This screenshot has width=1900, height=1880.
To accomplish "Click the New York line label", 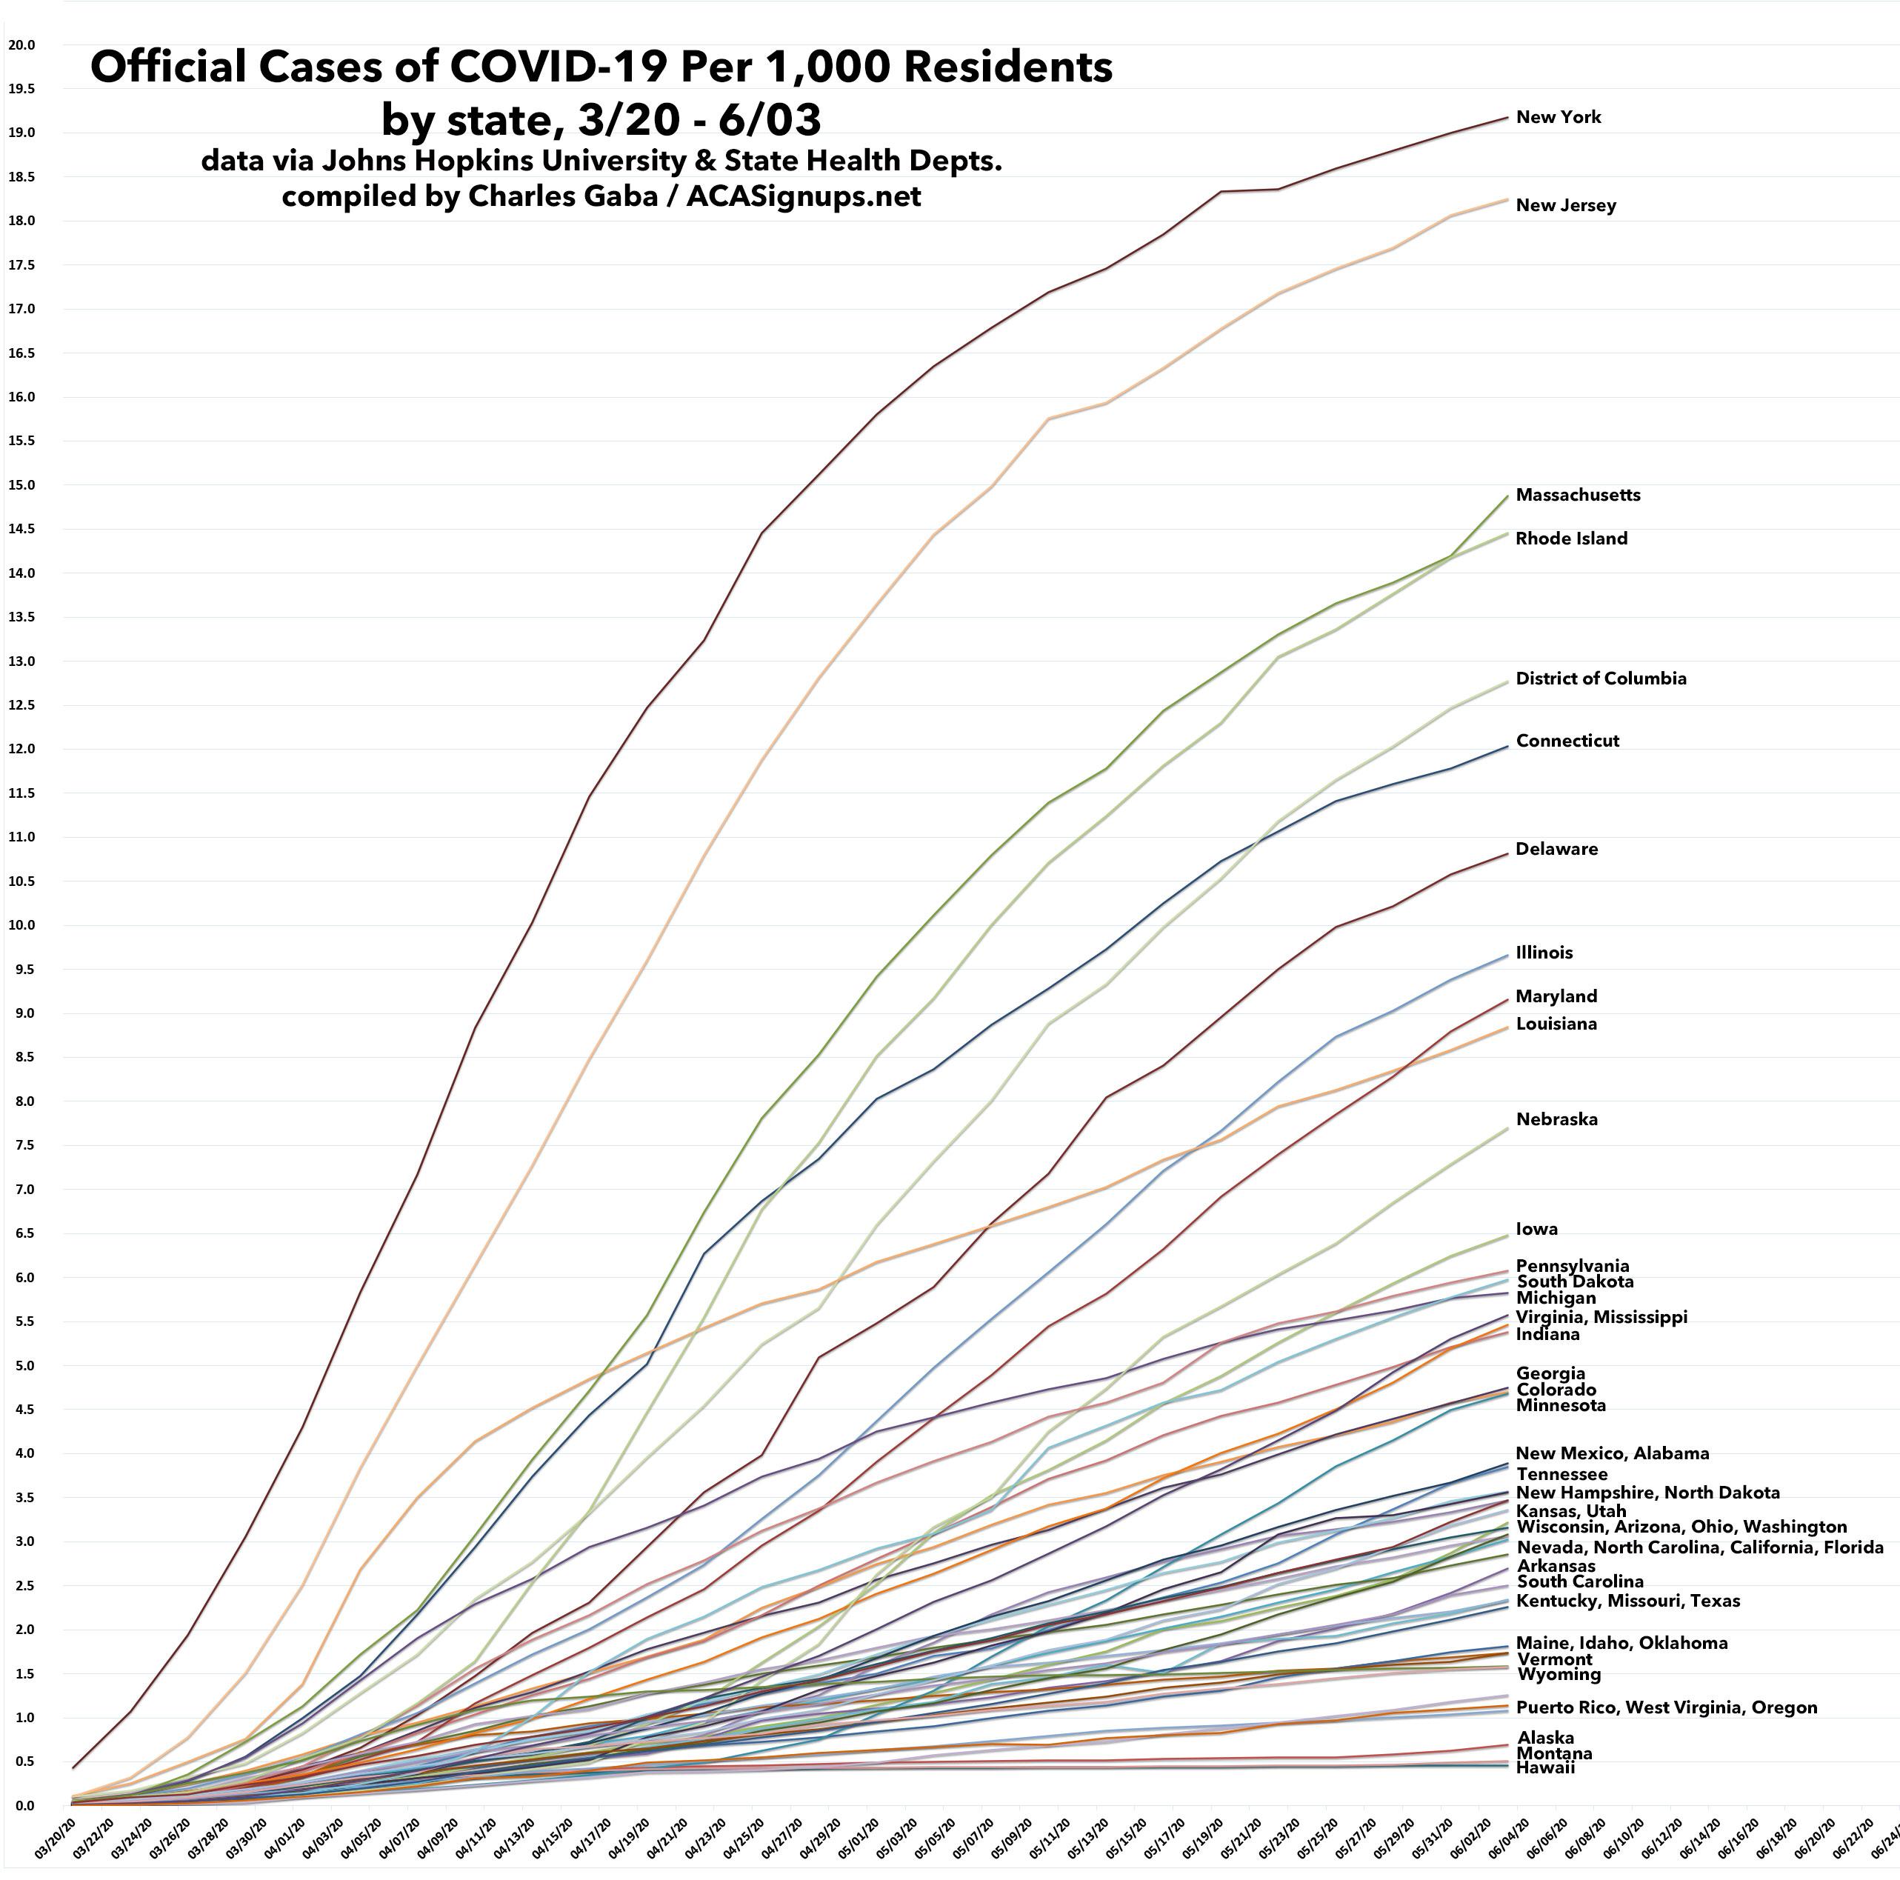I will (x=1558, y=117).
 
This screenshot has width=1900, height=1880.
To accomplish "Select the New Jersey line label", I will (x=1564, y=205).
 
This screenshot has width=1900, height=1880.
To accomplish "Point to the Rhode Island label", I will (x=1570, y=539).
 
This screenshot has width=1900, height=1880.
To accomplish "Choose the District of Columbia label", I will (x=1600, y=679).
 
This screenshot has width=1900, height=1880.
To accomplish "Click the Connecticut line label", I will (x=1567, y=741).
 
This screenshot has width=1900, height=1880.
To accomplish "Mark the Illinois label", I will (x=1543, y=952).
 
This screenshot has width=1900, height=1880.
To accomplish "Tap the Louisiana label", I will (x=1556, y=1024).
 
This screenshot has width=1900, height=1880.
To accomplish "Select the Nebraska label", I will (x=1556, y=1119).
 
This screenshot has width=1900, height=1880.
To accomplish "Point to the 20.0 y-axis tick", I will (x=21, y=45).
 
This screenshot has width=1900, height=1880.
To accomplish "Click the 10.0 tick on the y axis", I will (x=21, y=925).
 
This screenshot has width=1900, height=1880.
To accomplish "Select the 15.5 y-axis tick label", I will (x=21, y=441).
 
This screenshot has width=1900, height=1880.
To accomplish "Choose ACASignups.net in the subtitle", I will (x=804, y=196).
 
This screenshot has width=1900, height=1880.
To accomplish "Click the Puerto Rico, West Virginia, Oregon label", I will (x=1666, y=1707).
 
